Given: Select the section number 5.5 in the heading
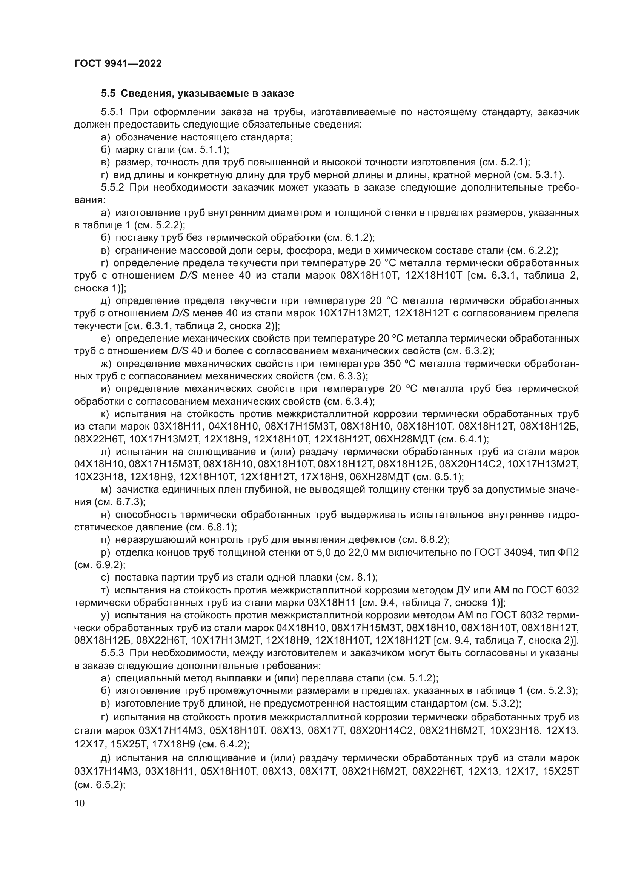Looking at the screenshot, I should pos(108,94).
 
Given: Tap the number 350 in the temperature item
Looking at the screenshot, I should pos(392,364).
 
